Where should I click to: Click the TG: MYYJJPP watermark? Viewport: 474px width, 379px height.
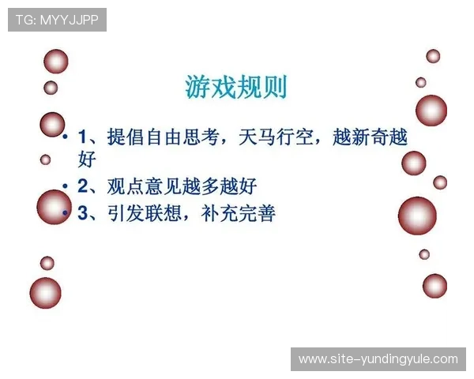tap(57, 20)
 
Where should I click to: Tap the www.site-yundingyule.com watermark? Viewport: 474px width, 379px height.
tap(378, 359)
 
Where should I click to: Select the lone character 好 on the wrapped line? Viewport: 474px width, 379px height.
tap(87, 160)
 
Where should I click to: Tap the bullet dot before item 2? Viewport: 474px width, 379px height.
tap(66, 187)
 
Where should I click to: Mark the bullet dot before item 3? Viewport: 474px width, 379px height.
tap(66, 214)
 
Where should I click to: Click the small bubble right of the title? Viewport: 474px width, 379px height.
tap(421, 82)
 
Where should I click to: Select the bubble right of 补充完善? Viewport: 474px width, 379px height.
tap(417, 215)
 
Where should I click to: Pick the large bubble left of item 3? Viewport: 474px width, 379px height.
tap(54, 207)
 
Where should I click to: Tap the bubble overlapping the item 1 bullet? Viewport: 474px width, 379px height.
tap(52, 125)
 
